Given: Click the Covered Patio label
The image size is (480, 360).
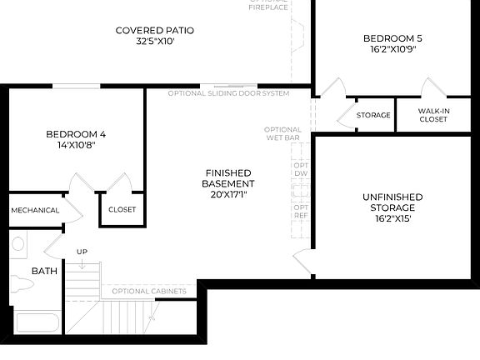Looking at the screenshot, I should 161,32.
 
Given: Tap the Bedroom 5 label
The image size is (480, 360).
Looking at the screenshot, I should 392,37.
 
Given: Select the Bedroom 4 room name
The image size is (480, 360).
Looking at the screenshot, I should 76,134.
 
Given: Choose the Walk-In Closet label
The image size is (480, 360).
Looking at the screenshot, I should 433,115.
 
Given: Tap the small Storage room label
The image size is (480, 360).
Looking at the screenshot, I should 373,115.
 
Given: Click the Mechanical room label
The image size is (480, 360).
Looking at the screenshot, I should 35,210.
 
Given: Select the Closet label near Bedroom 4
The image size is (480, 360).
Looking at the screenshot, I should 122,209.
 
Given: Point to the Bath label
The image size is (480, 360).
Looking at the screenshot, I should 44,271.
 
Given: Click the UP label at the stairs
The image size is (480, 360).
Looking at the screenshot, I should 82,252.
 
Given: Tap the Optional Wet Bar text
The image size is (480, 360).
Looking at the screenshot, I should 283,134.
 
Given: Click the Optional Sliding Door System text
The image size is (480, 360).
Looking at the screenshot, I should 228,93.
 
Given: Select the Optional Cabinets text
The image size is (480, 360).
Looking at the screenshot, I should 147,290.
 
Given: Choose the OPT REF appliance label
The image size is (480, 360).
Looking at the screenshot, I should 301,211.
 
